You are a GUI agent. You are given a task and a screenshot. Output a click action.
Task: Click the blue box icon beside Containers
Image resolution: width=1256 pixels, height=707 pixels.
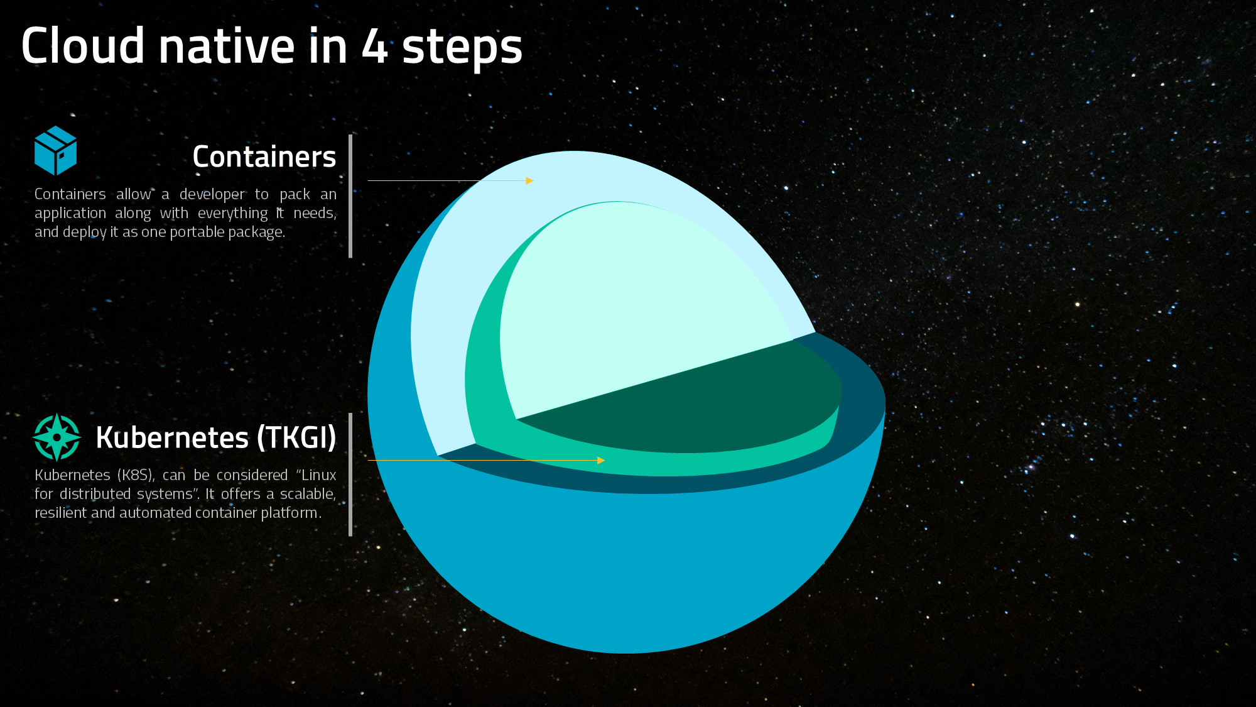[55, 150]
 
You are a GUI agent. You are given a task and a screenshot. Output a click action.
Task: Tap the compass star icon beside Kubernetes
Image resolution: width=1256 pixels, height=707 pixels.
[57, 437]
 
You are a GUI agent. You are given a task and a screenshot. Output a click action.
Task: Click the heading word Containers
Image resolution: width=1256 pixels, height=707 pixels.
[264, 156]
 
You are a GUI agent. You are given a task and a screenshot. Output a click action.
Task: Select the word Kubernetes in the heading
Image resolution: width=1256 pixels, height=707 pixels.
[172, 437]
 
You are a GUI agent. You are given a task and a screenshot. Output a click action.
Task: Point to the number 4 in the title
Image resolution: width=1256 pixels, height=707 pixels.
[375, 46]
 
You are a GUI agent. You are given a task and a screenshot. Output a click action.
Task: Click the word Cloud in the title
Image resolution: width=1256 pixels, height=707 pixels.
[83, 45]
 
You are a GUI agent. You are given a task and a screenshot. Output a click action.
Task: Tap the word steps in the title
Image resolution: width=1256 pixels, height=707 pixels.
[462, 48]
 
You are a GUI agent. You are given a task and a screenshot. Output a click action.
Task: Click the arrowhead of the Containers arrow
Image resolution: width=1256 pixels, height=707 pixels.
[529, 180]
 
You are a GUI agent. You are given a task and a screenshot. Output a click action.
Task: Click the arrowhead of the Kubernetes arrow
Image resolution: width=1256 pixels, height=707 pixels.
[601, 460]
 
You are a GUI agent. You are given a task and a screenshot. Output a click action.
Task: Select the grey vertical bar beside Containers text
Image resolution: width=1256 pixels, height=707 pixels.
[350, 196]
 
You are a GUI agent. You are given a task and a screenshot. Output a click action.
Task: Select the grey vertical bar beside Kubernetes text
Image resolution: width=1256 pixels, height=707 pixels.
[350, 474]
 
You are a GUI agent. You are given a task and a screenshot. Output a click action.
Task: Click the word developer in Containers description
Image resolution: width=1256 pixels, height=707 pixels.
[212, 195]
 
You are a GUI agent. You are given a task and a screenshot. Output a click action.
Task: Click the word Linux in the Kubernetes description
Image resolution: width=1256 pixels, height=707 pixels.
[318, 475]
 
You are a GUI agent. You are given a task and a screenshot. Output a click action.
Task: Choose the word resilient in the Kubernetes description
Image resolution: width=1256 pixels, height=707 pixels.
[61, 513]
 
